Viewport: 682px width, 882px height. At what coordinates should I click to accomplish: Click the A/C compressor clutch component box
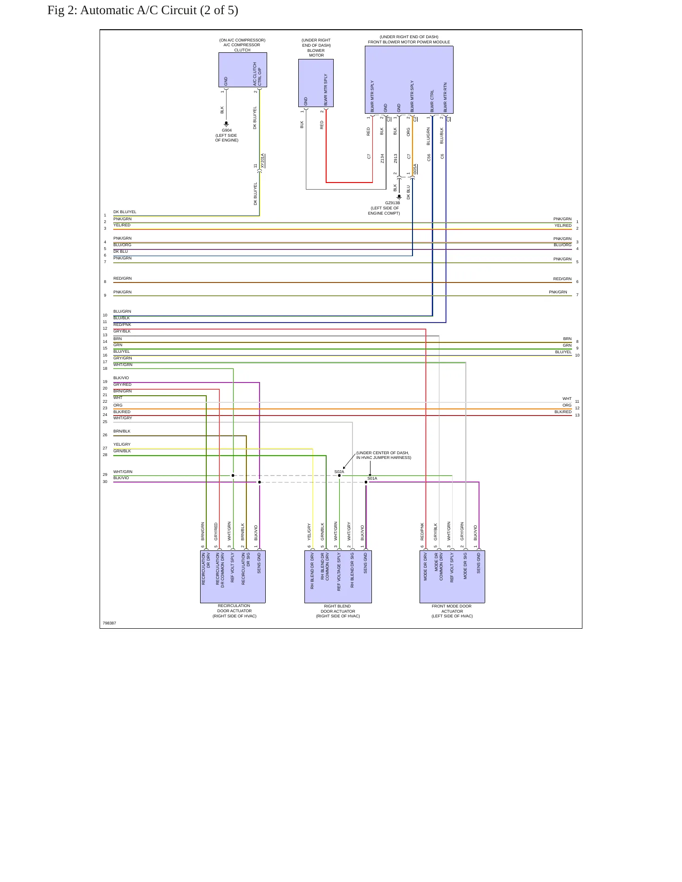[x=243, y=70]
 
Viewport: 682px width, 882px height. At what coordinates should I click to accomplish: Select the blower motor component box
[x=316, y=83]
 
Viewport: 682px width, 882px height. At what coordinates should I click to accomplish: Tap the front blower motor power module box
[x=409, y=80]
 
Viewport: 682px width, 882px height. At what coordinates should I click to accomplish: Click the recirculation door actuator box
[x=233, y=576]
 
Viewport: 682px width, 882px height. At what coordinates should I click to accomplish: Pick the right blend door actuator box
[x=338, y=576]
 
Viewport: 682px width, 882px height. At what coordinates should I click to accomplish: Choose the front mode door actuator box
[x=452, y=576]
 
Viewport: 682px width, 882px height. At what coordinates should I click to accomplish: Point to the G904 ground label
[x=227, y=131]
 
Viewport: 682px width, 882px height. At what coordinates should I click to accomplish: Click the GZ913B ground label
[x=392, y=203]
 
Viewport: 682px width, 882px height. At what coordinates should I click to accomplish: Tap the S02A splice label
[x=339, y=472]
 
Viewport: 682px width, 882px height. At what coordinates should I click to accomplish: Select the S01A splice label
[x=372, y=478]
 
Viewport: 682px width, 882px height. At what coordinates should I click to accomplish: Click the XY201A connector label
[x=263, y=161]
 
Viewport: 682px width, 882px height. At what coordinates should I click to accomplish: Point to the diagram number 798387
[x=109, y=623]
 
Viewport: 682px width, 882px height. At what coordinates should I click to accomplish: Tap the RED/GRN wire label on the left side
[x=123, y=279]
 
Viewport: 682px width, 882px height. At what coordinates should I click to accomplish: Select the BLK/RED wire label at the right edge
[x=563, y=412]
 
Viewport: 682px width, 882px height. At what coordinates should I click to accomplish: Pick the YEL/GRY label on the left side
[x=122, y=444]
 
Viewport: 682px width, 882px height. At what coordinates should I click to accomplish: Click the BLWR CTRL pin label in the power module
[x=432, y=101]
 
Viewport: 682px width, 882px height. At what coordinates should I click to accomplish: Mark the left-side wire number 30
[x=105, y=482]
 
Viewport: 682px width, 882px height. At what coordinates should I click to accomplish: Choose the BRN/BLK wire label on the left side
[x=122, y=431]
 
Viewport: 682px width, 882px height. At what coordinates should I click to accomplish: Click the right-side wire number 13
[x=577, y=415]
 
